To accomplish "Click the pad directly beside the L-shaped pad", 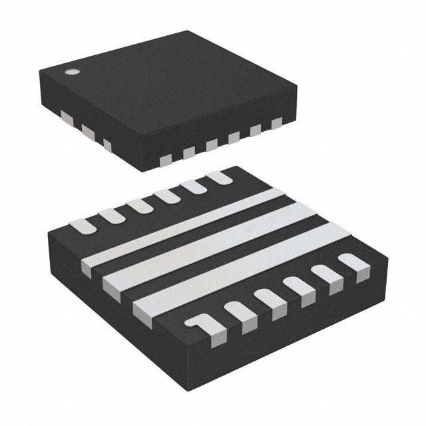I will pyautogui.click(x=239, y=314).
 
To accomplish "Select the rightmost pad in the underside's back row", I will pyautogui.click(x=218, y=178).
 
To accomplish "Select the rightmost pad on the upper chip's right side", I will pyautogui.click(x=276, y=122).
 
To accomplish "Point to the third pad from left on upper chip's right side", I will pyautogui.click(x=212, y=144).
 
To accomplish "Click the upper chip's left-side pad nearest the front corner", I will pyautogui.click(x=107, y=142).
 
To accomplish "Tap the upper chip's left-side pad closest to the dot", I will pyautogui.click(x=65, y=118).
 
